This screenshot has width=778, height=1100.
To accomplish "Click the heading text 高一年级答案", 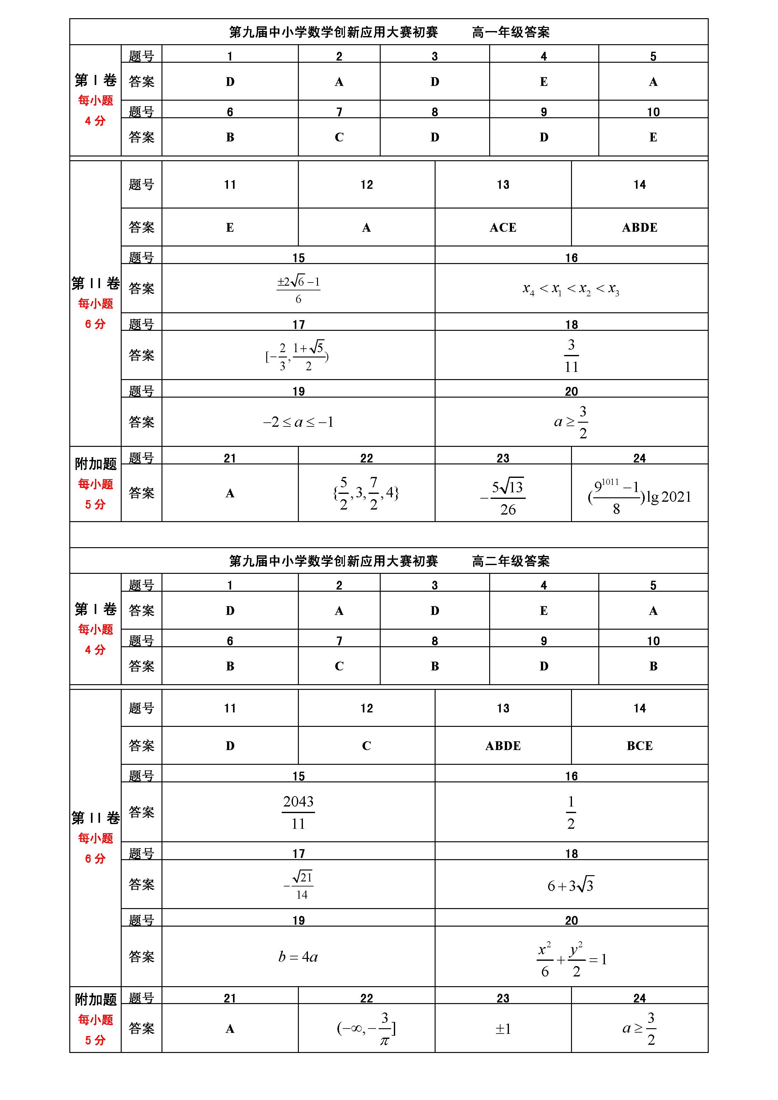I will click(511, 32).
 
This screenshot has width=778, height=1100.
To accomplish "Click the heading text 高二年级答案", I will click(511, 561).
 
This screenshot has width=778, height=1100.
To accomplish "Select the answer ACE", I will click(503, 228).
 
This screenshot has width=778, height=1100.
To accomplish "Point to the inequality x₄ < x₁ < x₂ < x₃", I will click(571, 289).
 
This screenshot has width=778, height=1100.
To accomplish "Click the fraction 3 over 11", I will click(571, 356).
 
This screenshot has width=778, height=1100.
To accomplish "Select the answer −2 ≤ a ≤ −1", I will click(298, 422).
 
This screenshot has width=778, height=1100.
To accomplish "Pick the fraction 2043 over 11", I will click(298, 812).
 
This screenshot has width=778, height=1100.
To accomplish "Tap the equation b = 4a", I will click(298, 957).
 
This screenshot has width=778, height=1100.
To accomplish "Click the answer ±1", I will click(503, 1029).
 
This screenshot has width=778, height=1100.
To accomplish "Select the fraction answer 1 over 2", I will click(571, 812).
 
